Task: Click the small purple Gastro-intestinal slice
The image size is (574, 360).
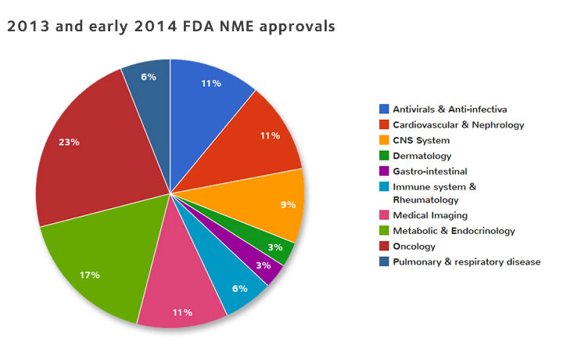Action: pos(262,261)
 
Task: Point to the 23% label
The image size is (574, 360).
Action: pos(69,142)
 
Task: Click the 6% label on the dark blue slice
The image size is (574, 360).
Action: pos(149,77)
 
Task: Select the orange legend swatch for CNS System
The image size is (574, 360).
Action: pos(384,140)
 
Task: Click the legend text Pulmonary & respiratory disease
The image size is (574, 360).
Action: pos(466,261)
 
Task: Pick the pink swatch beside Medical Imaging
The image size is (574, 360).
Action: pos(384,216)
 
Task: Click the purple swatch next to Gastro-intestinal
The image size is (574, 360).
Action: pos(384,171)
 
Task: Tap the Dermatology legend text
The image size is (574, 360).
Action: pos(422,155)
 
